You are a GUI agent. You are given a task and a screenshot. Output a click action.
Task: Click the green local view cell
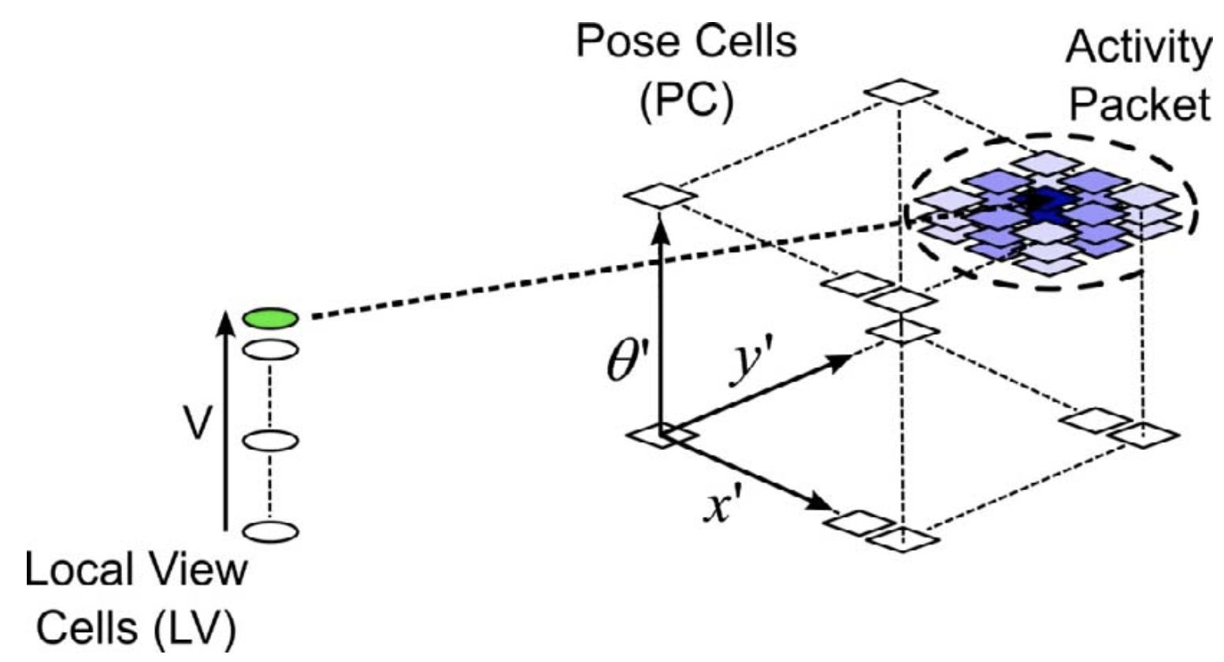click(270, 318)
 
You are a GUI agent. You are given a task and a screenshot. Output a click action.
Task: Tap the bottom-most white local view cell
click(270, 532)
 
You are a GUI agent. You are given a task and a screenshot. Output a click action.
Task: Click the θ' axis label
click(625, 365)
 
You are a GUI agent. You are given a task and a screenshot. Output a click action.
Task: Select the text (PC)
click(685, 101)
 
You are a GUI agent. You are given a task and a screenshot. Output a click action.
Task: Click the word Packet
click(1140, 104)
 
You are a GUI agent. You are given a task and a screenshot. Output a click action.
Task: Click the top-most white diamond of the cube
click(900, 91)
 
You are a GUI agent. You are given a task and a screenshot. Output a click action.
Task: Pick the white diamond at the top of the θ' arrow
click(660, 195)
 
